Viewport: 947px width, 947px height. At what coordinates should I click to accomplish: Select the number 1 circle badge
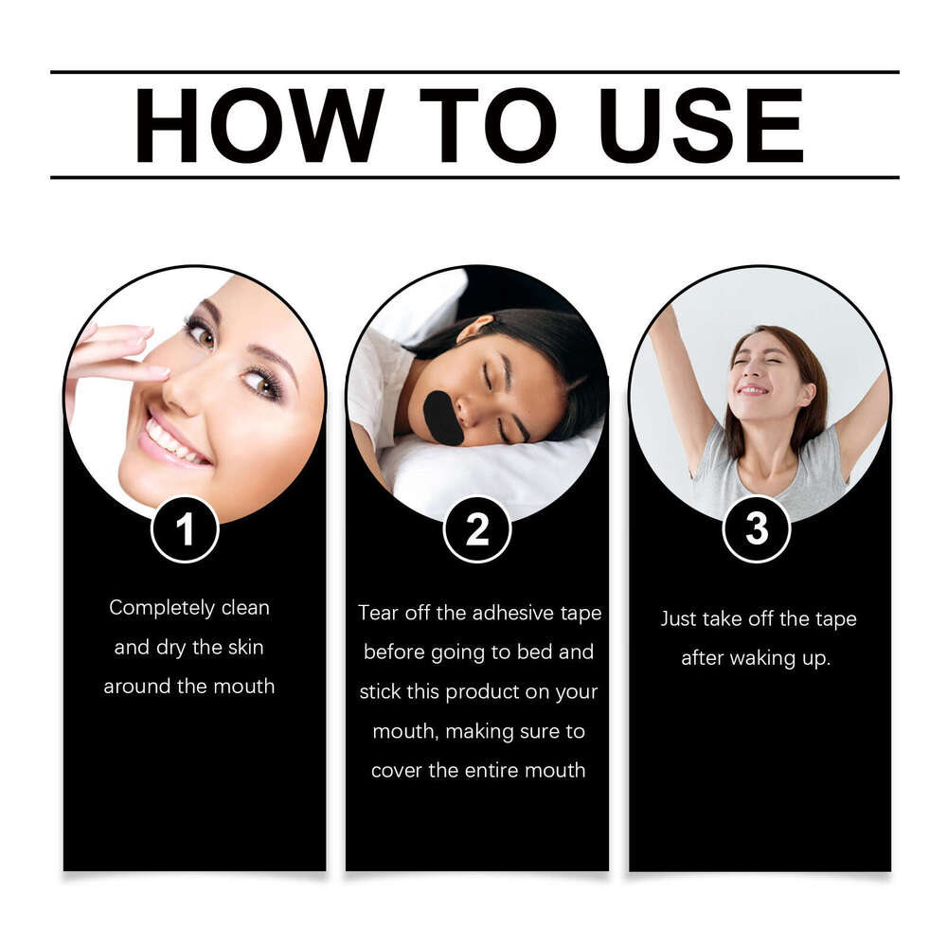point(185,529)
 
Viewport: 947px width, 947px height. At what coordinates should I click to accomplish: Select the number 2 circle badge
point(477,529)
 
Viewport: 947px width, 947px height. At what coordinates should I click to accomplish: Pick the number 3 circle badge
point(757,529)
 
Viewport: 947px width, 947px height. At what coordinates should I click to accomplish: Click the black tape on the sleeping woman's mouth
point(442,418)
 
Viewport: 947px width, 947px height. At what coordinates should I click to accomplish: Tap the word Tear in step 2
point(376,613)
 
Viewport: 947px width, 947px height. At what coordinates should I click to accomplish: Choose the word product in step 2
point(481,692)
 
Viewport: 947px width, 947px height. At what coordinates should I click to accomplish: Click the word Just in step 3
point(678,619)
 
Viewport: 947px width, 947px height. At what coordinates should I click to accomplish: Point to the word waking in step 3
point(762,658)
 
